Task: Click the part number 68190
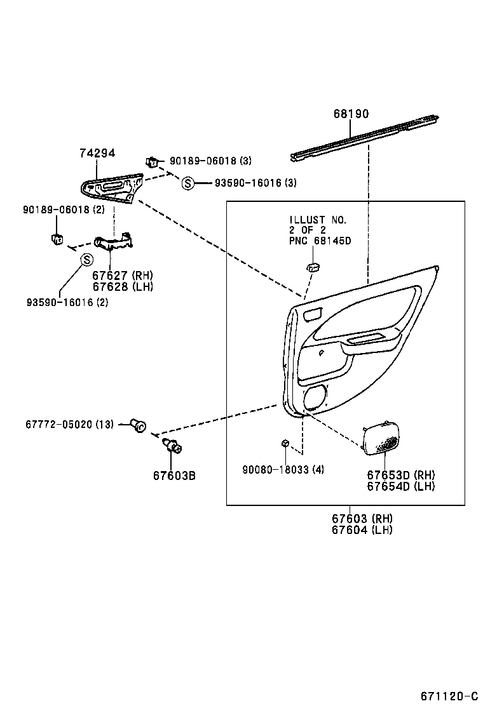[351, 114]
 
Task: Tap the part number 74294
[97, 153]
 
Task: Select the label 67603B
[173, 475]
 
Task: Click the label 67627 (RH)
[122, 276]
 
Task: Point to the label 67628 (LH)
[122, 286]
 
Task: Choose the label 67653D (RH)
[400, 476]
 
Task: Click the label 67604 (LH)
[362, 529]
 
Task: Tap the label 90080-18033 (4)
[283, 470]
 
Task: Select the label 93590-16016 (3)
[255, 183]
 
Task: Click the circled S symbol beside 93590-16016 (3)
[187, 183]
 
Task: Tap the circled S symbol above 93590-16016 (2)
[86, 259]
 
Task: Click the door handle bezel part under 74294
[111, 187]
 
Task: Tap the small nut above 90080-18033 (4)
[286, 443]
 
